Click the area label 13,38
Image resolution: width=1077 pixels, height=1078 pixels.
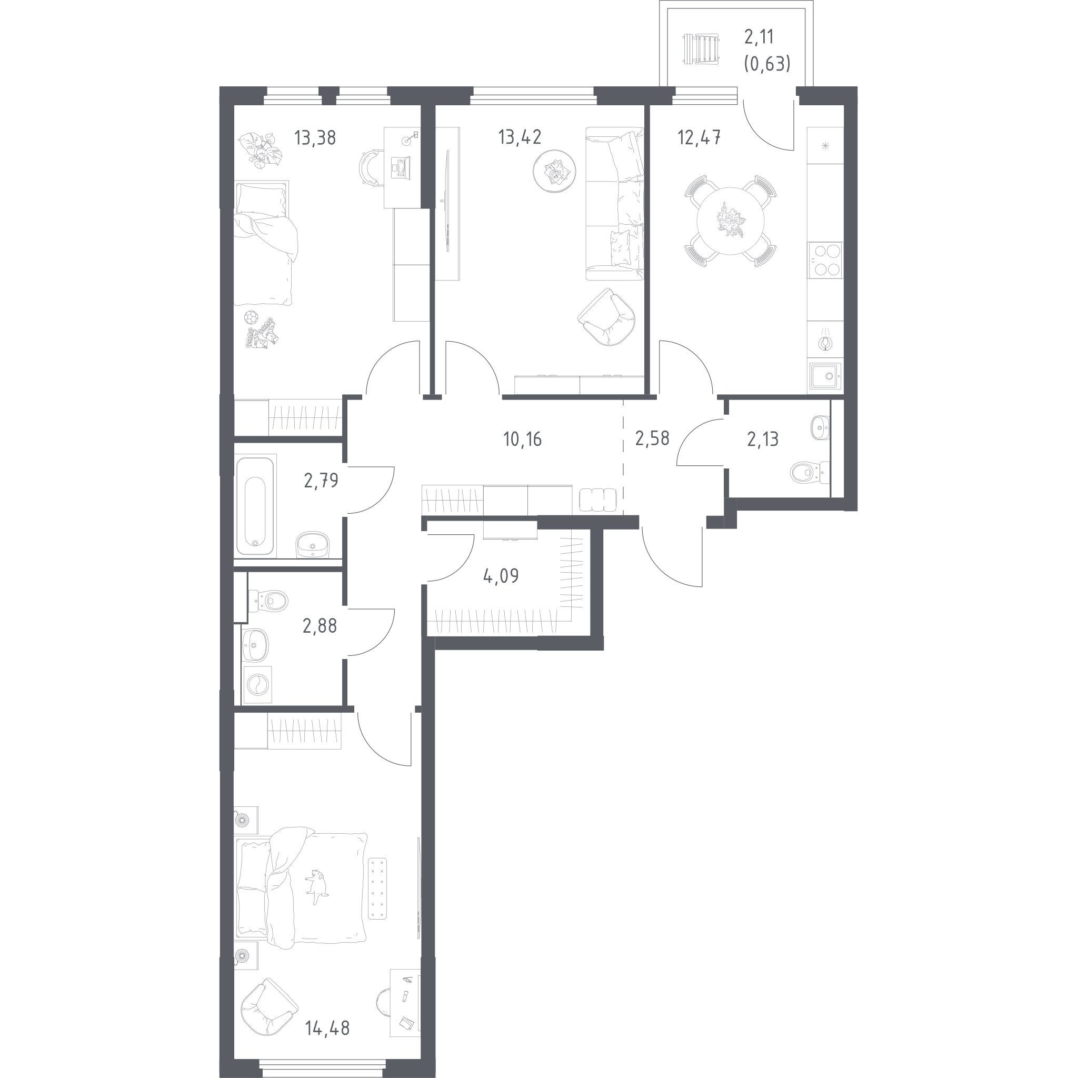[315, 137]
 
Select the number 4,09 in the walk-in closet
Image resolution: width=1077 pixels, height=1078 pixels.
[501, 576]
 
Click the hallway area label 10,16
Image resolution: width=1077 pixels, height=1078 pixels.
[522, 440]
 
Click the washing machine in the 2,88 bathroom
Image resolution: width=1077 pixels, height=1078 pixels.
[258, 684]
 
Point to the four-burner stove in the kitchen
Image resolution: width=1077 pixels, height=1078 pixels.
[825, 260]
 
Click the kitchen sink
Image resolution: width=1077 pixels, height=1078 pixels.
[825, 376]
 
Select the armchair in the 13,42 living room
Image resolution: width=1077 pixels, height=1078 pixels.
[606, 317]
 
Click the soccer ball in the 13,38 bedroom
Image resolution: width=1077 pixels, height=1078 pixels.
[251, 317]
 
